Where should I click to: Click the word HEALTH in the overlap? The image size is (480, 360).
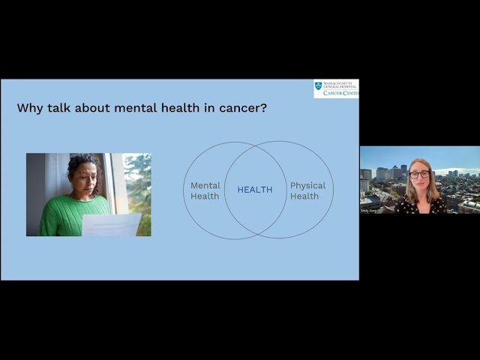[255, 190]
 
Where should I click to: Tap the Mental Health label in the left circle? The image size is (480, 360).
[205, 190]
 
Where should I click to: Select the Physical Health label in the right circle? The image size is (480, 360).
[307, 190]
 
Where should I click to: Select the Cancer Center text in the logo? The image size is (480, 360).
[340, 93]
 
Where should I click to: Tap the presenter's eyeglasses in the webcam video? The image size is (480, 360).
[419, 174]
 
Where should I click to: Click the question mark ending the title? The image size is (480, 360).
[264, 108]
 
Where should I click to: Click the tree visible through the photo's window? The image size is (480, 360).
[139, 180]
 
